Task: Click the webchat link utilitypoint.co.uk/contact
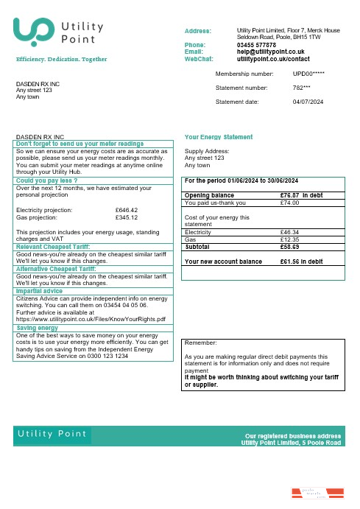point(273,58)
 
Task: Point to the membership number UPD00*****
point(308,74)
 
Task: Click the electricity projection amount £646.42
point(127,210)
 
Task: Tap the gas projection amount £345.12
point(127,217)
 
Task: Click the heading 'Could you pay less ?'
point(47,180)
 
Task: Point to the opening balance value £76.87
point(292,195)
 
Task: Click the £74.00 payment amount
point(290,203)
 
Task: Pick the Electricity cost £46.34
point(290,232)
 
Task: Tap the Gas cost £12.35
point(290,239)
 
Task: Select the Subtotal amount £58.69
point(290,247)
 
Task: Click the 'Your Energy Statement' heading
point(218,137)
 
